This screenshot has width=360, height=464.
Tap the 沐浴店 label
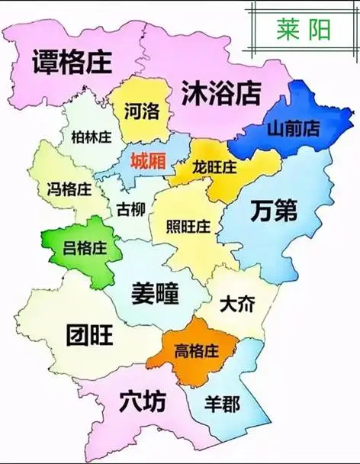pyautogui.click(x=221, y=94)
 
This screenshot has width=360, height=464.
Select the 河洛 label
pyautogui.click(x=142, y=111)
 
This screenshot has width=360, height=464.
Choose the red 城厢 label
pyautogui.click(x=149, y=161)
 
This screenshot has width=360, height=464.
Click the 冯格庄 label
pyautogui.click(x=69, y=188)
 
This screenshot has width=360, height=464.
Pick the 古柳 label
pyautogui.click(x=133, y=208)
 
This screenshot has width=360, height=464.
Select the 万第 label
pyautogui.click(x=274, y=211)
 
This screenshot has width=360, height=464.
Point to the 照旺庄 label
pyautogui.click(x=188, y=227)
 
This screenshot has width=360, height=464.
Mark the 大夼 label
pyautogui.click(x=238, y=304)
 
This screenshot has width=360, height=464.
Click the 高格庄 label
pyautogui.click(x=197, y=351)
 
